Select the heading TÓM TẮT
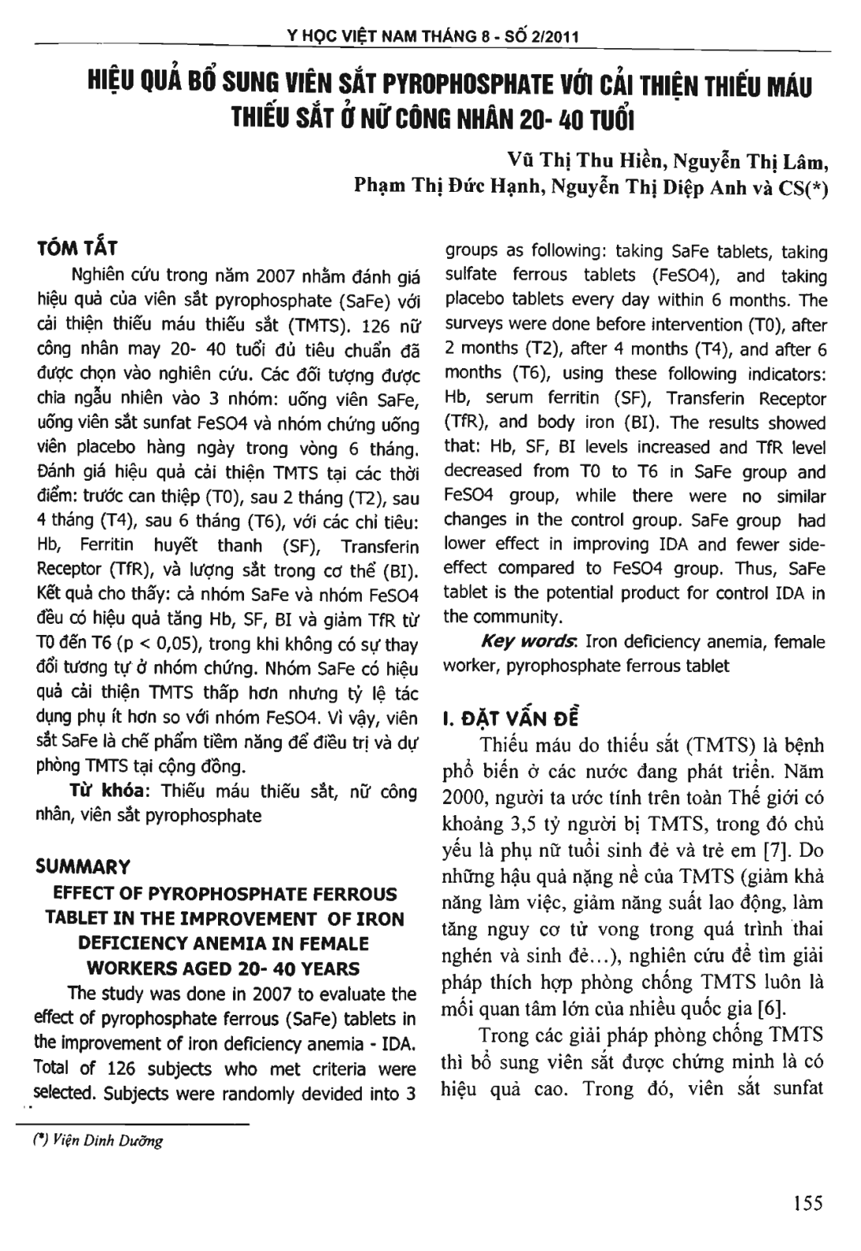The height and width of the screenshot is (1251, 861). click(x=77, y=249)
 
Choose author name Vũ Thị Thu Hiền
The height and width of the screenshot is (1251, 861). click(x=588, y=163)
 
